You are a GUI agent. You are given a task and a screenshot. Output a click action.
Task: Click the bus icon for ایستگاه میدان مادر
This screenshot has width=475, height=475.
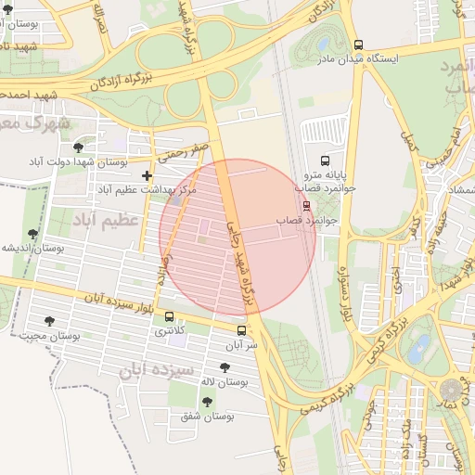tap(359, 45)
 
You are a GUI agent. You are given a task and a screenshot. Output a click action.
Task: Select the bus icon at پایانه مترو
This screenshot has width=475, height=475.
tap(324, 160)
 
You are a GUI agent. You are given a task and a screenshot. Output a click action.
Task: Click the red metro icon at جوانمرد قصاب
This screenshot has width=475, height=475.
tap(306, 206)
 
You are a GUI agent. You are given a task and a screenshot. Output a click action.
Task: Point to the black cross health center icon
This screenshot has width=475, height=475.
tap(147, 175)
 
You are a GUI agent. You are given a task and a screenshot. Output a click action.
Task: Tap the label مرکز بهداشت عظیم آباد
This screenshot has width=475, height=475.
tap(148, 189)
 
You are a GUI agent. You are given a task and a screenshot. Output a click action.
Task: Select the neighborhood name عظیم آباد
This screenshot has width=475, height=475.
tap(105, 220)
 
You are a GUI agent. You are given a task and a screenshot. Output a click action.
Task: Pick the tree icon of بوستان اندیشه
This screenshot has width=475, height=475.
tap(33, 235)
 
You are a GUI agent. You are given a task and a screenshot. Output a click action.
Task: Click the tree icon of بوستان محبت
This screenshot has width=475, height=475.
tap(49, 321)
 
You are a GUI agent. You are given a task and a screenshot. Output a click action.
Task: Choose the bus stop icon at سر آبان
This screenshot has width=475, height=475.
tap(241, 330)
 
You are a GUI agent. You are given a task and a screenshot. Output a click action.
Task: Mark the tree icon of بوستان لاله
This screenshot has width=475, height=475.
tap(224, 367)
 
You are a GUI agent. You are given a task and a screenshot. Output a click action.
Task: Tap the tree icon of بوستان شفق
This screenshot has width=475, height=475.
tap(206, 402)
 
